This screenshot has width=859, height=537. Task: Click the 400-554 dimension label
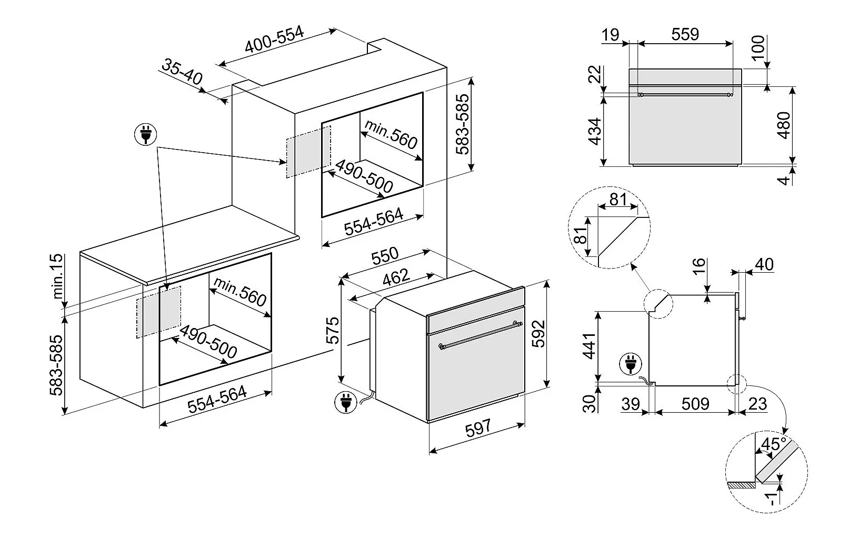coord(274,39)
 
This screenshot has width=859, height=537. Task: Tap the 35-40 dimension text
coord(182,72)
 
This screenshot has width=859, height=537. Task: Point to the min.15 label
coord(57,276)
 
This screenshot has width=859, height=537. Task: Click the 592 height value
coord(538,334)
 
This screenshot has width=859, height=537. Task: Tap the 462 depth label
coord(396,277)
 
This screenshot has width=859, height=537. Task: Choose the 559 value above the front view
coord(685,34)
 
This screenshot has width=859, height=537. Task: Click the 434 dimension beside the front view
coord(595,132)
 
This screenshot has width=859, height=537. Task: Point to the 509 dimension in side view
coord(695,403)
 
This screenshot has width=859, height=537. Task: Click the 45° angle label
coord(773,444)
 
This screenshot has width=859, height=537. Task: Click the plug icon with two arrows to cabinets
coord(146,134)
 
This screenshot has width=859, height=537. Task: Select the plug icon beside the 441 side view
coord(631,364)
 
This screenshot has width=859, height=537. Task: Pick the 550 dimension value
coord(385,256)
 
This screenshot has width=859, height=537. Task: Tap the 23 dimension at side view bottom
coord(757,403)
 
